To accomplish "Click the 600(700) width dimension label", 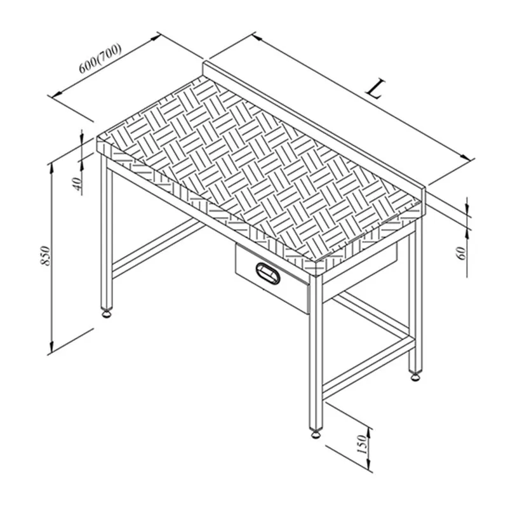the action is (100, 58).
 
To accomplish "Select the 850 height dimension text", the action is (46, 256).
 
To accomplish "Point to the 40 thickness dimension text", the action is (77, 184).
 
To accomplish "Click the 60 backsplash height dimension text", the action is (461, 253).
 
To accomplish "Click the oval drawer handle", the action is (267, 273).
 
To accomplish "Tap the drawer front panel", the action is (272, 279).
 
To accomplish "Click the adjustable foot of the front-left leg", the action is (107, 313).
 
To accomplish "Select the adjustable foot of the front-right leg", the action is (316, 434).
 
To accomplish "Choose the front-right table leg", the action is (316, 352).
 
